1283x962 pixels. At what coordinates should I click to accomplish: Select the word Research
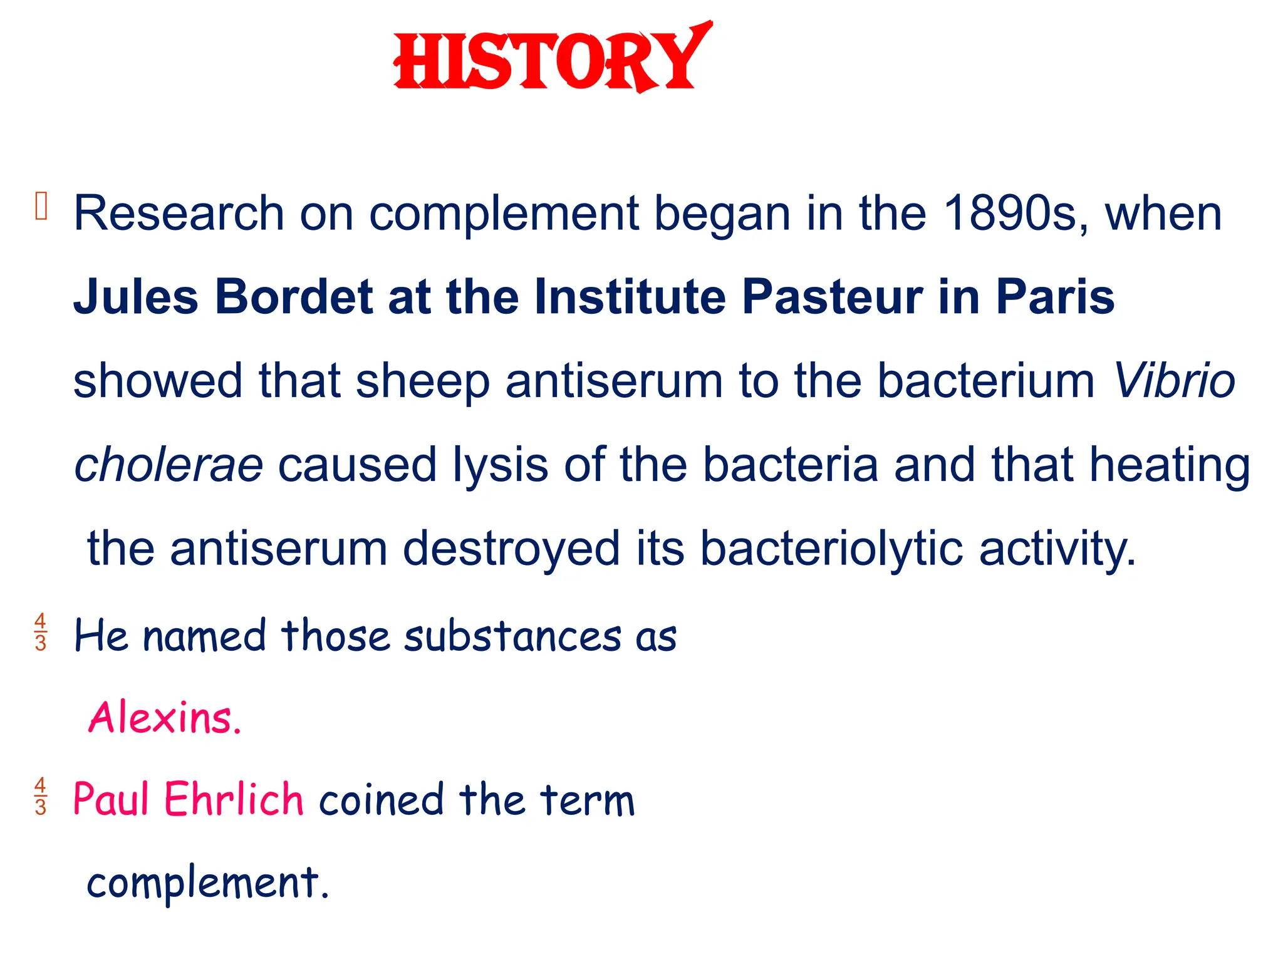(179, 214)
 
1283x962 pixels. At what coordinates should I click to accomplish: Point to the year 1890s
(1015, 214)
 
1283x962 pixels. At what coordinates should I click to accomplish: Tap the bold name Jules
(136, 297)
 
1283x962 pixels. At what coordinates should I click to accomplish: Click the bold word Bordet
(294, 297)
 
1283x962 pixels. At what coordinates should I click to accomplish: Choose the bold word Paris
(1055, 297)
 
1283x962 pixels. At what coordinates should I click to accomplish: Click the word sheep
(422, 381)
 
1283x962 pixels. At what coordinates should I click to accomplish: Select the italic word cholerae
(169, 465)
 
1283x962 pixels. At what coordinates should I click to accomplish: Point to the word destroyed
(511, 549)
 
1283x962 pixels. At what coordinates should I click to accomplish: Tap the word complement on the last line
(207, 882)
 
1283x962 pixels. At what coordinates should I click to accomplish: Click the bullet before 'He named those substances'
(41, 633)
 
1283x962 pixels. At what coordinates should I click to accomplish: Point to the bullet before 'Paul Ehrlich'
(41, 796)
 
